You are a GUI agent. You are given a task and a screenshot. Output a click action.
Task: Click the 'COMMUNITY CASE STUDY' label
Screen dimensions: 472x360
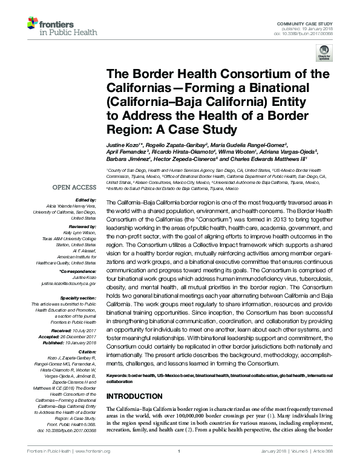[x=310, y=22]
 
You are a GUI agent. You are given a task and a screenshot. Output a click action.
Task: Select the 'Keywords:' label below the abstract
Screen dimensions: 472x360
[x=119, y=376]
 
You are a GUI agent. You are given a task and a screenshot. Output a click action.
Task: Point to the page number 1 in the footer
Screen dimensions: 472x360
[x=180, y=467]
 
